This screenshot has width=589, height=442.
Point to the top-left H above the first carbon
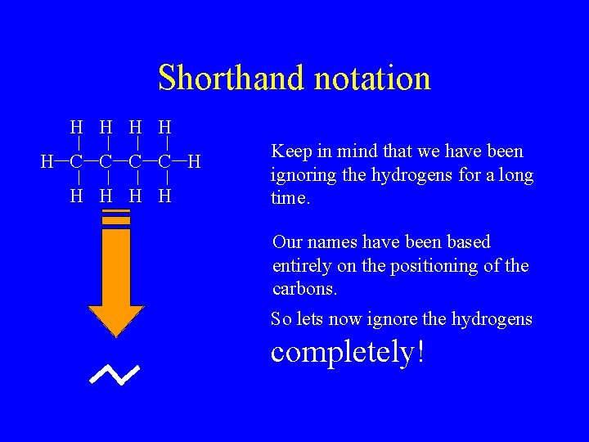[x=76, y=128]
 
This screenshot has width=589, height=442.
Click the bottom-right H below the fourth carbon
[x=164, y=196]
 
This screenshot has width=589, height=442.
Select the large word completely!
[x=348, y=351]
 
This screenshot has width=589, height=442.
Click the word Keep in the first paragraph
[x=287, y=151]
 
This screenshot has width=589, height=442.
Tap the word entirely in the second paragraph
[x=299, y=266]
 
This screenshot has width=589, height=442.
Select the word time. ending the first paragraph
[x=290, y=199]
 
